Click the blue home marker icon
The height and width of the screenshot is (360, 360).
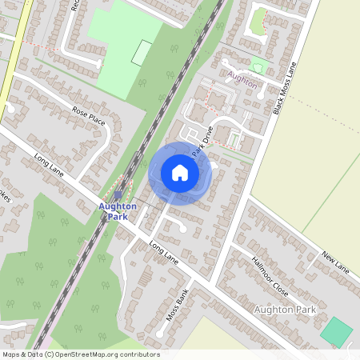(180, 172)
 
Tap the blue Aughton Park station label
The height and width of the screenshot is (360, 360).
(118, 211)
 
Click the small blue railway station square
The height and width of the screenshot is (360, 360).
(118, 194)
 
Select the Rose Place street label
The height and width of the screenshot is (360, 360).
(89, 115)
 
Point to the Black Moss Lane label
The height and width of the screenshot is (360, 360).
(286, 87)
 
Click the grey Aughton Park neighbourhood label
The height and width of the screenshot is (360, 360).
(283, 309)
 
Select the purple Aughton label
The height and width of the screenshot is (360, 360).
(242, 82)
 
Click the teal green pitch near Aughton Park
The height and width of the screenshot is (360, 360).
(338, 330)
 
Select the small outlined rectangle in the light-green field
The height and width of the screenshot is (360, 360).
(142, 53)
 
